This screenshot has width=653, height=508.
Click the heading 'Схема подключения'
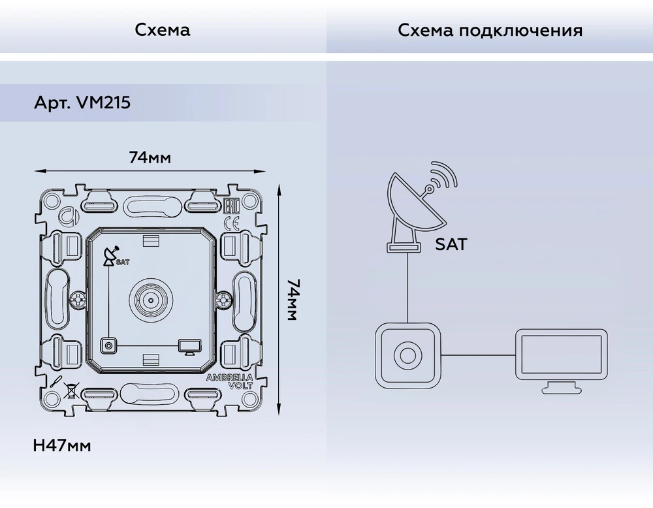[x=490, y=31]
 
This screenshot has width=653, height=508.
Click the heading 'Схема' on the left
[x=163, y=30]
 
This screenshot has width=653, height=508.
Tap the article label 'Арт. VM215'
[x=82, y=103]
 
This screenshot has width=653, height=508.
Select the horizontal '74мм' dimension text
[x=150, y=158]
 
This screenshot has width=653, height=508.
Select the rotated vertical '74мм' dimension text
[x=293, y=300]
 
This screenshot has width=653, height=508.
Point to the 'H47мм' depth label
[x=61, y=446]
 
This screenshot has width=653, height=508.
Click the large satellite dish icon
[x=422, y=207]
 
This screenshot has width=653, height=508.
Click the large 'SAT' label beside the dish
[x=451, y=244]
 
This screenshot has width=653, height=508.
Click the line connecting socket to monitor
[x=478, y=355]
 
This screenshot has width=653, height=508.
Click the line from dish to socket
[x=407, y=287]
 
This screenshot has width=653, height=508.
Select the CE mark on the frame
[x=232, y=223]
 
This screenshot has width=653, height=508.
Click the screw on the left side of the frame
[x=78, y=300]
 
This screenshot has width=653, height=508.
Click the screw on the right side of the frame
[x=224, y=300]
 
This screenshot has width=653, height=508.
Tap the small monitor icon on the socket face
[x=189, y=347]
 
